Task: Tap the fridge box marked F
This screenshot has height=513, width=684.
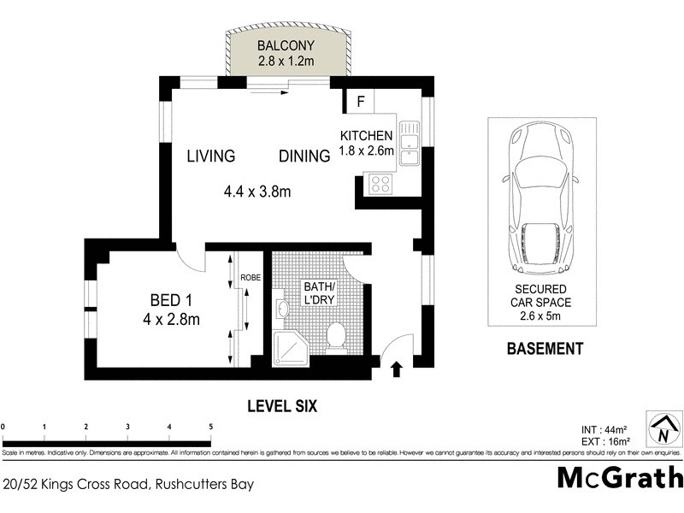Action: tap(361, 102)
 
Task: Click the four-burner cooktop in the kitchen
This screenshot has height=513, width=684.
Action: tap(379, 183)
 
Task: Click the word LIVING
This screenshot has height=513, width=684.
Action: tap(211, 156)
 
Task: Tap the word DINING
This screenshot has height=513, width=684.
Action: tap(304, 156)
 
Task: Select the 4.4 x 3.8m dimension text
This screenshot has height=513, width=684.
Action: tap(256, 192)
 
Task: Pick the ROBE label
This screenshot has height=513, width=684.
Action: tap(250, 278)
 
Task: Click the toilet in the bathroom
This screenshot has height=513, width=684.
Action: tap(336, 337)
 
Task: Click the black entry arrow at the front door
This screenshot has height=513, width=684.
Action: tap(397, 369)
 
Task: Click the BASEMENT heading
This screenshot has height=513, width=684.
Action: tap(545, 349)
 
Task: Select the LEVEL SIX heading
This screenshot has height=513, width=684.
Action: tap(281, 407)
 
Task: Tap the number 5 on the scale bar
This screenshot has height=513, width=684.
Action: tap(210, 426)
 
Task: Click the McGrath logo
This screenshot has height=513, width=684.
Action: tap(620, 477)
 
